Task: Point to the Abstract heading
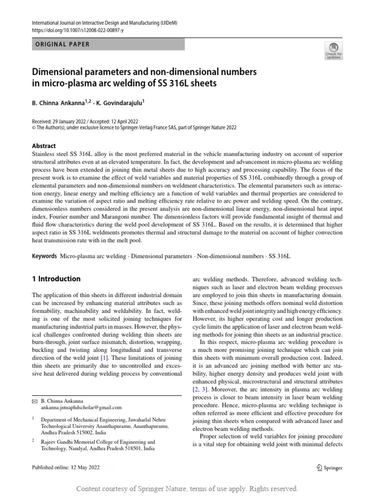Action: (43, 146)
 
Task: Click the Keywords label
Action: (44, 256)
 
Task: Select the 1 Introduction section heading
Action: (56, 279)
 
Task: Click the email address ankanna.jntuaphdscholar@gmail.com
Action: (82, 407)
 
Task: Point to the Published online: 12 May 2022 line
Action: (65, 468)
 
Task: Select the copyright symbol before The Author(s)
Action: (34, 128)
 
